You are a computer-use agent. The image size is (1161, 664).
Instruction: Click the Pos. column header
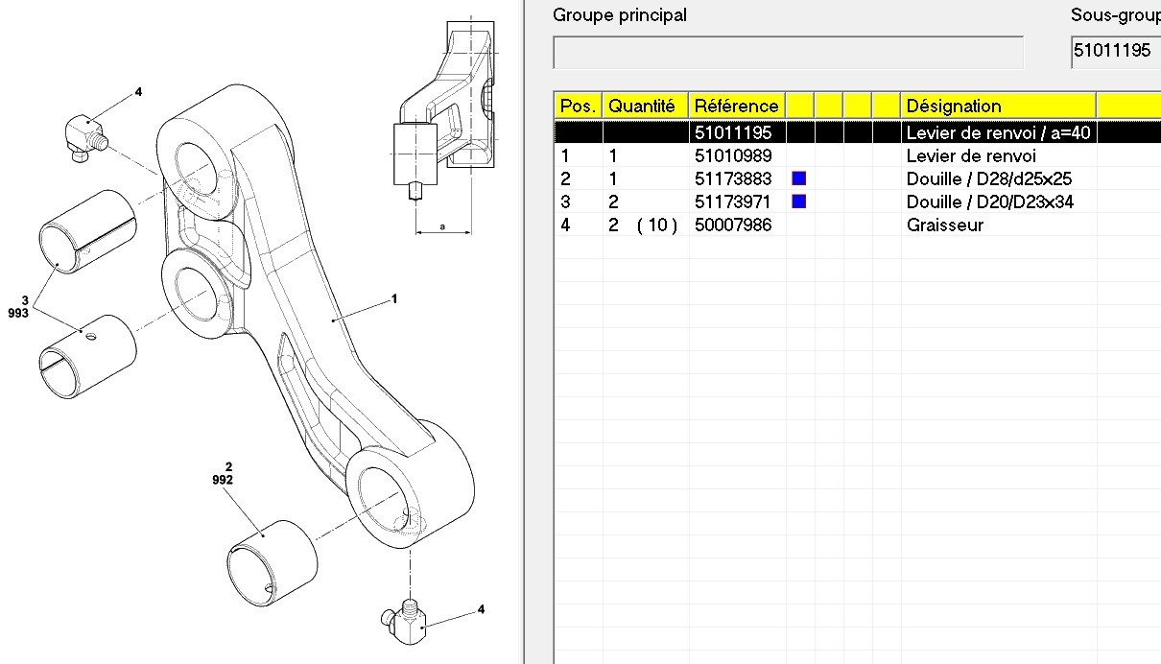578,106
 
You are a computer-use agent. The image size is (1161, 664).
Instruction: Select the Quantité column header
642,106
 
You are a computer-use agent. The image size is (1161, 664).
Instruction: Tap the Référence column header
737,106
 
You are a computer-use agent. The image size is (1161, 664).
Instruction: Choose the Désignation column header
954,106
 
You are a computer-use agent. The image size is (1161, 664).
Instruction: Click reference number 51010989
733,155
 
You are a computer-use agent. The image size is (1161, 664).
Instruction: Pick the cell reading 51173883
733,178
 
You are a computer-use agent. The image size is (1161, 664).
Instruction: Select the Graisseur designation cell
945,225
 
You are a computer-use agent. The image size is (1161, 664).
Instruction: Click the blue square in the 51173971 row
798,202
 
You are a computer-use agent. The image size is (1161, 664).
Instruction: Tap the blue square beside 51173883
798,178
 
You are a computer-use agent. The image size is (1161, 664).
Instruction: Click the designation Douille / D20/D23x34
990,202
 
